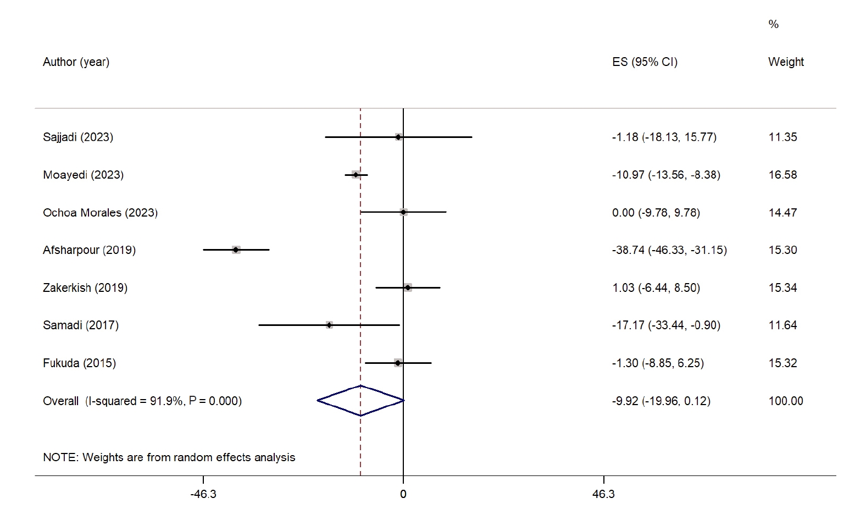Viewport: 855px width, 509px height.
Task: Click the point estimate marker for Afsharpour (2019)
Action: pyautogui.click(x=236, y=250)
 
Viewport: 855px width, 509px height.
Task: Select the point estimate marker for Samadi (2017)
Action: pyautogui.click(x=329, y=325)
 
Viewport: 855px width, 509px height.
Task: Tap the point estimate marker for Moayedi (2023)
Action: pyautogui.click(x=356, y=175)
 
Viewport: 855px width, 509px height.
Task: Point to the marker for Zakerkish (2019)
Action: pyautogui.click(x=407, y=287)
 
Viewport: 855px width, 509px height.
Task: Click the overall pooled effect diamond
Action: pyautogui.click(x=360, y=401)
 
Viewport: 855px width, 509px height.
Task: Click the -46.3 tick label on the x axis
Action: pyautogui.click(x=203, y=494)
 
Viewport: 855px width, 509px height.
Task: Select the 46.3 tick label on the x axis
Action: pyautogui.click(x=603, y=494)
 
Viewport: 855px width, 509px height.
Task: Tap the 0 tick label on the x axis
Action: pyautogui.click(x=403, y=494)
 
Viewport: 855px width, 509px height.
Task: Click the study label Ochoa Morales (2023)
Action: pyautogui.click(x=100, y=213)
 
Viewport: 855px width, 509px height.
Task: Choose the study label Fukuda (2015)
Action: pyautogui.click(x=79, y=363)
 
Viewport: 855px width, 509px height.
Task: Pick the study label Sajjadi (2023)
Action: pyautogui.click(x=78, y=137)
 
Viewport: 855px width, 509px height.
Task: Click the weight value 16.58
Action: pyautogui.click(x=782, y=175)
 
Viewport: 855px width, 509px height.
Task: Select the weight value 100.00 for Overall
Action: pyautogui.click(x=786, y=401)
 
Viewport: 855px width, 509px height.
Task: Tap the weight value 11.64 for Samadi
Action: pyautogui.click(x=782, y=325)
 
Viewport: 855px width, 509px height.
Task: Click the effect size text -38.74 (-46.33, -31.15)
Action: pyautogui.click(x=669, y=250)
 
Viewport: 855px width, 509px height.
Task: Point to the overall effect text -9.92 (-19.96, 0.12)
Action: pyautogui.click(x=661, y=401)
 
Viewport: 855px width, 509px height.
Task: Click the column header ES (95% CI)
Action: pyautogui.click(x=645, y=62)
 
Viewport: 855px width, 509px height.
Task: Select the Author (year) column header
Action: pyautogui.click(x=76, y=62)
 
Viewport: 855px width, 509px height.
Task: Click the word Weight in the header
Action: pyautogui.click(x=786, y=62)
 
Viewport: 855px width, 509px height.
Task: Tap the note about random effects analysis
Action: pyautogui.click(x=169, y=457)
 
